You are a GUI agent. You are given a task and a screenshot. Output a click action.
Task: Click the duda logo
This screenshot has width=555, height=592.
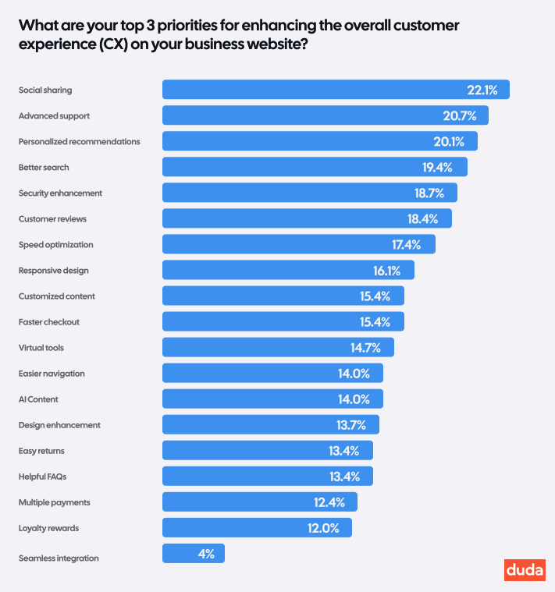[525, 570]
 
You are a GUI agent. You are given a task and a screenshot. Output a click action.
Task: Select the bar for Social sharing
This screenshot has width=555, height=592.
[336, 90]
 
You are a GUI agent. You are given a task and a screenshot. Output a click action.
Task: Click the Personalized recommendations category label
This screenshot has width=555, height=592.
[80, 142]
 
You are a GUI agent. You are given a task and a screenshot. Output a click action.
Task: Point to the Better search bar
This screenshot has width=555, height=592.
[315, 167]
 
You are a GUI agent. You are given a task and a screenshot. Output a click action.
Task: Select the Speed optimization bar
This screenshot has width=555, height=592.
[298, 244]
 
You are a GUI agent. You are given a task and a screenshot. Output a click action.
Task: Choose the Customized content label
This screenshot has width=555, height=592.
[57, 296]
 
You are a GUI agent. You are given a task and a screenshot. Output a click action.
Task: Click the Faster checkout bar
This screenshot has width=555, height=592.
[283, 321]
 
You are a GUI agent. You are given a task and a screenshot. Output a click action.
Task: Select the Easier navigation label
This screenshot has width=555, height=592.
[52, 374]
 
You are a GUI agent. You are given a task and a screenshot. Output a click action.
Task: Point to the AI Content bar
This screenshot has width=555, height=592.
[272, 399]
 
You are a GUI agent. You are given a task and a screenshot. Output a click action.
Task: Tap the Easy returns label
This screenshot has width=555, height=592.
[41, 451]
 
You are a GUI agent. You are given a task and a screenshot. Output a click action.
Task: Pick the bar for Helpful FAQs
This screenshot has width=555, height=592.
[267, 476]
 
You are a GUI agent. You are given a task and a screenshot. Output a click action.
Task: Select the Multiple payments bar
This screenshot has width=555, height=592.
[259, 502]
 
